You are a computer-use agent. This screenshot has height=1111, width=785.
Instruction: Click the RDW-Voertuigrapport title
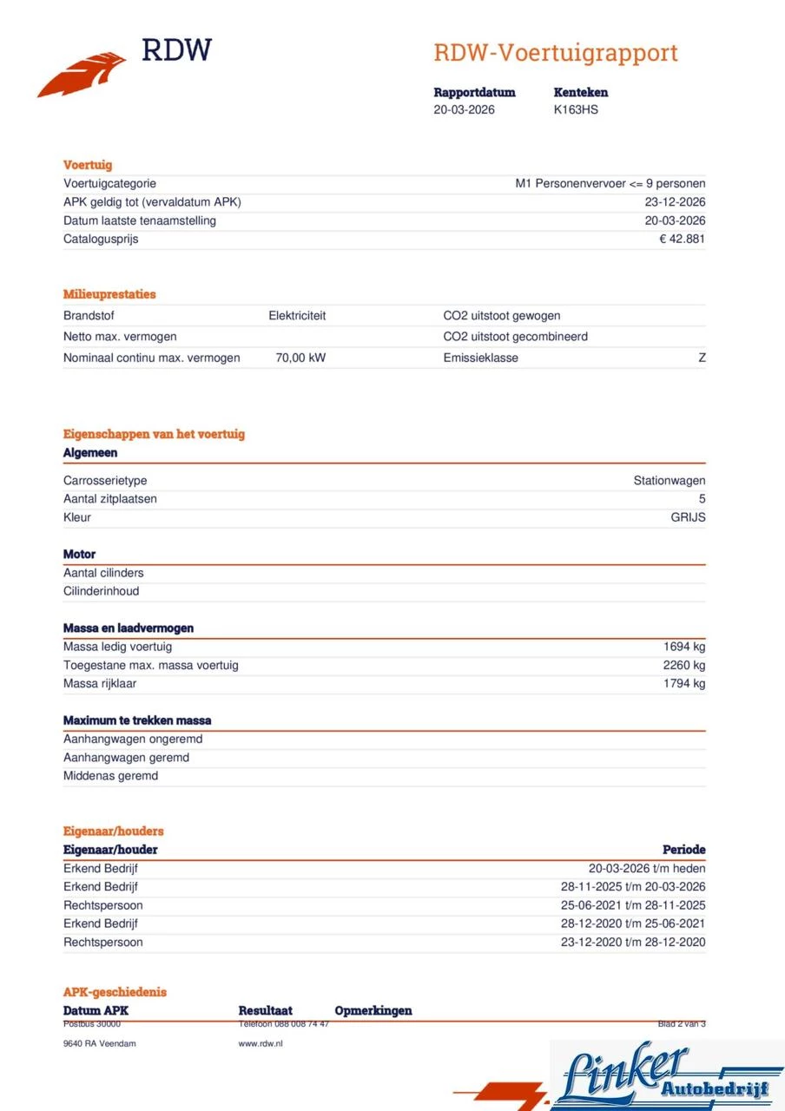point(556,53)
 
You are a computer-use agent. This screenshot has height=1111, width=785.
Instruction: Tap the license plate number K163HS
point(576,110)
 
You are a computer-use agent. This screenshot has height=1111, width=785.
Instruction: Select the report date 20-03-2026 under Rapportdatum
point(464,110)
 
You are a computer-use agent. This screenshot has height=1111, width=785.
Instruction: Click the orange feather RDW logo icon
point(82,75)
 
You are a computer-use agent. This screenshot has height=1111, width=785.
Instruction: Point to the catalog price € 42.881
point(682,239)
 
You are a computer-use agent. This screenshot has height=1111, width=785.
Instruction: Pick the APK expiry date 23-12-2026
point(675,202)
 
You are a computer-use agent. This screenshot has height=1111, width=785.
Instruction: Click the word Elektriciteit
point(297,316)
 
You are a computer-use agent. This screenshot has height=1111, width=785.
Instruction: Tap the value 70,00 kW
point(300,358)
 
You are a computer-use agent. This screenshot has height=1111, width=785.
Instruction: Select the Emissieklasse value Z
point(702,358)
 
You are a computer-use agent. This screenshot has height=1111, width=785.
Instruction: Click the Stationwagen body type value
point(669,481)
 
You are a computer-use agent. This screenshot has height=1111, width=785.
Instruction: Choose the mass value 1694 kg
point(684,647)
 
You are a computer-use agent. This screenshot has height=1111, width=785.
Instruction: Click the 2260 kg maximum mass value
point(684,665)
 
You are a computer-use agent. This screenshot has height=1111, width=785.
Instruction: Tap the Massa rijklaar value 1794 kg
point(684,683)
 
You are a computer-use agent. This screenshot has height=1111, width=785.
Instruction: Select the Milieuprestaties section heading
point(109,294)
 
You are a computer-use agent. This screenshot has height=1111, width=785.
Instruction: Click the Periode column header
point(683,850)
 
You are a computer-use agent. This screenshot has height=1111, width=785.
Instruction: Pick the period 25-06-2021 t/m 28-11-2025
point(633,905)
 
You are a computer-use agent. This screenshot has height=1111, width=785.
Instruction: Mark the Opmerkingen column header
point(373,1010)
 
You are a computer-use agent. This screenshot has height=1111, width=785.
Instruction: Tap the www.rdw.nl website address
point(261,1043)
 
